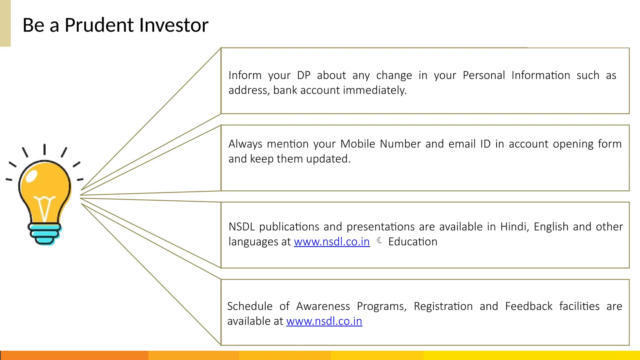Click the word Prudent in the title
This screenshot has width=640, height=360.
coord(97,25)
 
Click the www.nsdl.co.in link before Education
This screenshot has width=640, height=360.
coord(332,242)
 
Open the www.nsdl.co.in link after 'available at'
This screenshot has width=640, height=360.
coord(324,321)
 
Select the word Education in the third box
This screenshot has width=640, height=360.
coord(412,242)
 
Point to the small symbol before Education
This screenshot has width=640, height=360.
coord(379,241)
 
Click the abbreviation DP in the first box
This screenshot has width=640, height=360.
coord(303,75)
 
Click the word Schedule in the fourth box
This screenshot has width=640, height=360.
coord(250,306)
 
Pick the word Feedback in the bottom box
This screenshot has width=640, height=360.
coord(528,306)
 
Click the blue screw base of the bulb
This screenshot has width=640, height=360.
coord(45,233)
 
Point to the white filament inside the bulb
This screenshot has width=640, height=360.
coord(44,207)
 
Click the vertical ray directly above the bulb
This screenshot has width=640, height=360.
coord(44,149)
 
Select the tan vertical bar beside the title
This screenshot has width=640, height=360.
coord(5,23)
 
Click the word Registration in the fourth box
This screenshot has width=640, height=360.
coord(443,306)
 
